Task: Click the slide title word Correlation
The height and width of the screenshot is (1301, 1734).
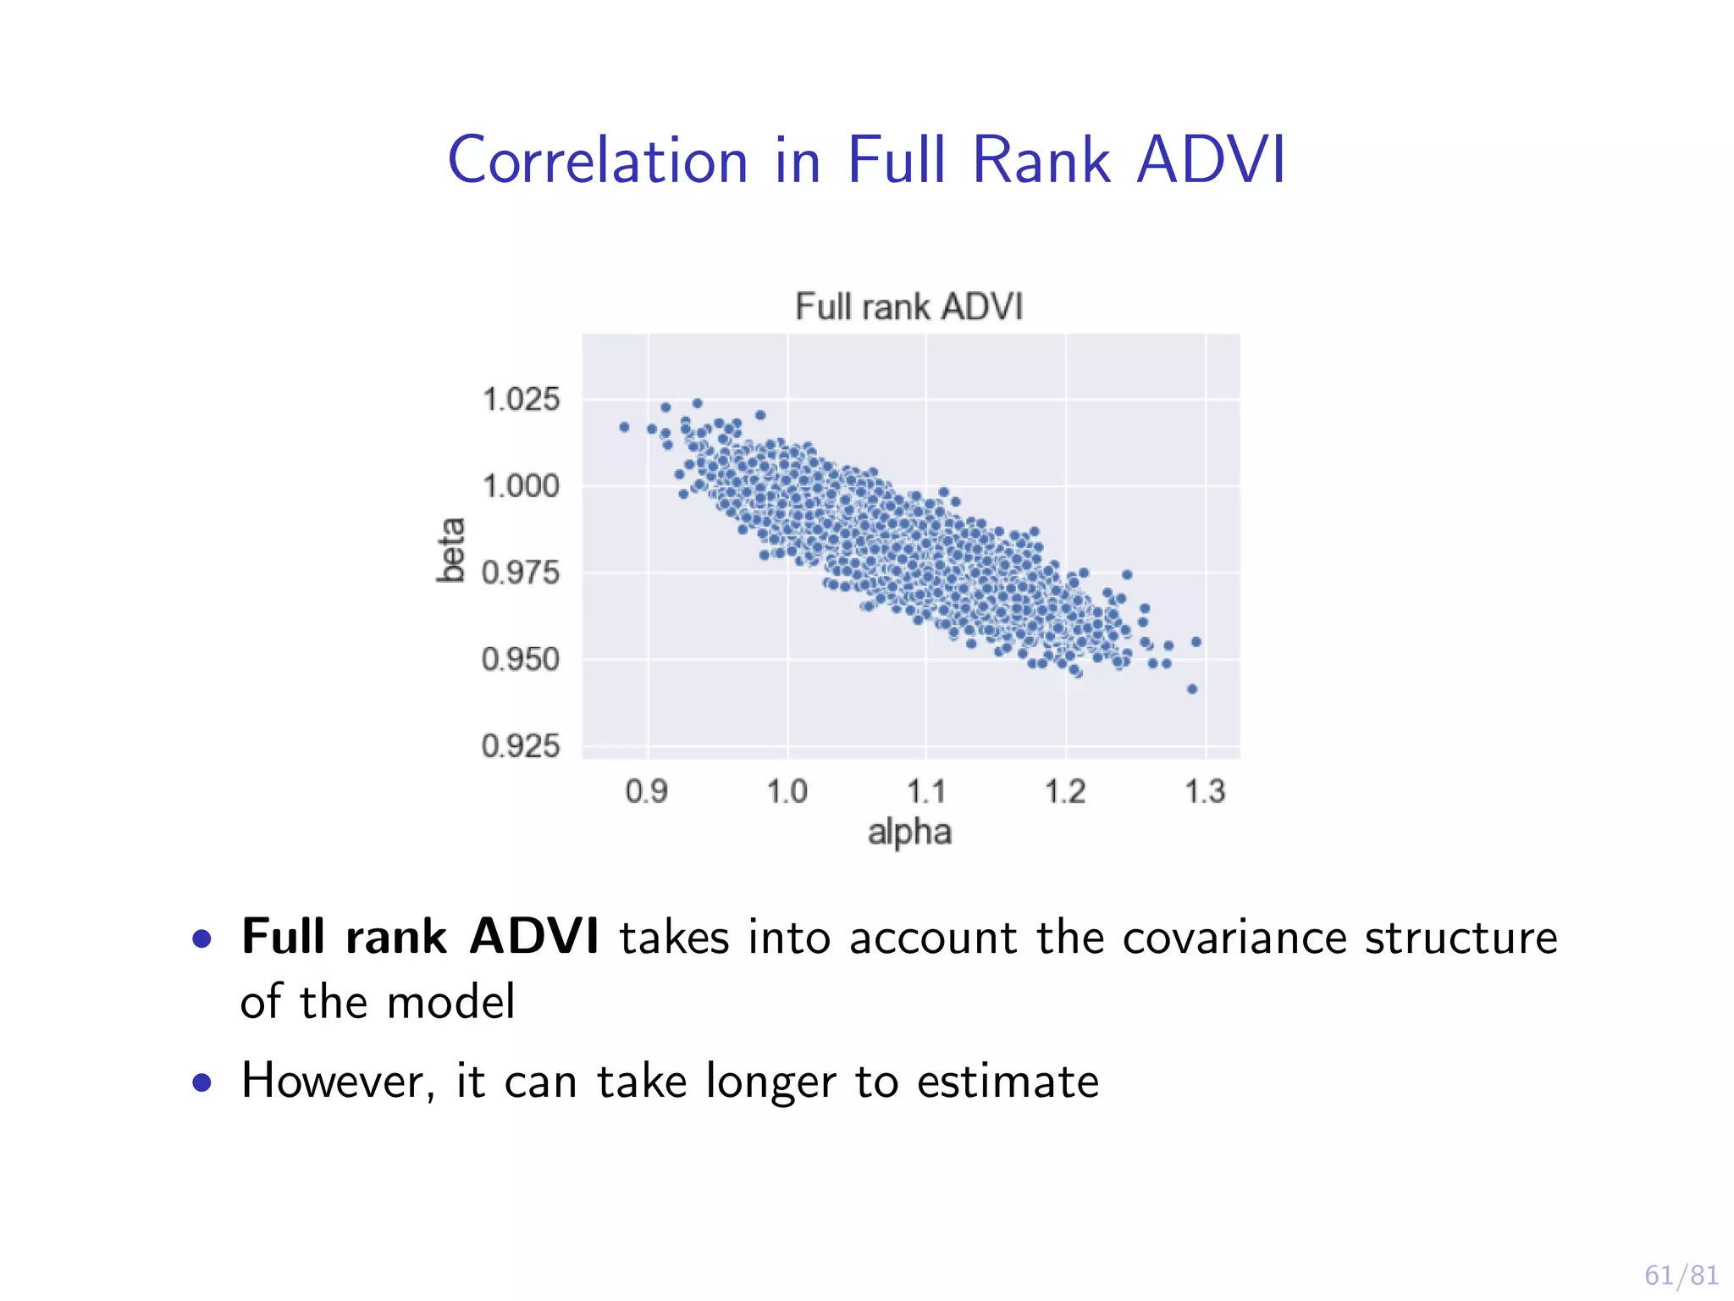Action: (598, 160)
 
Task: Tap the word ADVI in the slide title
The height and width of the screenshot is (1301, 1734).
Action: (1211, 160)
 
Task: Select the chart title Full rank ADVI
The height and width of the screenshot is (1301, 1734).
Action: (908, 307)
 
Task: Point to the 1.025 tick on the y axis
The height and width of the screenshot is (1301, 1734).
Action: (521, 399)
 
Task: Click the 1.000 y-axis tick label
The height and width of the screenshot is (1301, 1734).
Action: (521, 486)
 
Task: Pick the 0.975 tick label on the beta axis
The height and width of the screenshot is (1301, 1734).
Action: (521, 573)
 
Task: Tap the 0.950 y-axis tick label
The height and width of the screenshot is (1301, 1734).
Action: (521, 660)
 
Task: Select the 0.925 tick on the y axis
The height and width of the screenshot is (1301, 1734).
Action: (521, 746)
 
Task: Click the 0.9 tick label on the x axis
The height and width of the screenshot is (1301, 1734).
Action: (647, 792)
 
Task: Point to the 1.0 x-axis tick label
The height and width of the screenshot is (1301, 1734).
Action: (787, 792)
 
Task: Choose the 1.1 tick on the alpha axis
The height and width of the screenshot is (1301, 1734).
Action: (926, 792)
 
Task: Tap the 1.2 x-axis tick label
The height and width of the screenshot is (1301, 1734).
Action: (1065, 792)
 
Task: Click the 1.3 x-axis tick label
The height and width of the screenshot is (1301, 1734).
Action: (1205, 792)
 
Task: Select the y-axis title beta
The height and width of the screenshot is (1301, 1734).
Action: (451, 550)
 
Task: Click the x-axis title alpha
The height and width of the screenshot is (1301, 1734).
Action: (909, 833)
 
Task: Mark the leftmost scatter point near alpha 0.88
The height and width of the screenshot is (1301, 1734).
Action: (624, 427)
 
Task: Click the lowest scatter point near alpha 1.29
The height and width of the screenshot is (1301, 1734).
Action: (1192, 689)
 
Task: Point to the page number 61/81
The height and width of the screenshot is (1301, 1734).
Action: (1681, 1275)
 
